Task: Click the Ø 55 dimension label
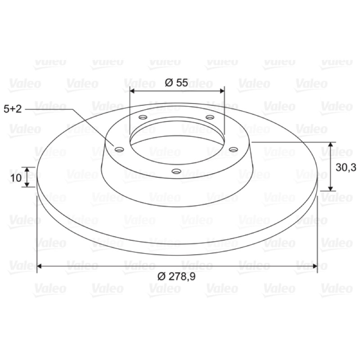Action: (176, 83)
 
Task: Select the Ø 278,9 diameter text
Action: (176, 276)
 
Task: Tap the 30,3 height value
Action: (346, 167)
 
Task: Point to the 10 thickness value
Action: (16, 178)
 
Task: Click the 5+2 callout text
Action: (13, 109)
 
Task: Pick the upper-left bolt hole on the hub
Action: (143, 117)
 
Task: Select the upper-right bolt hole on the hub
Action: (210, 117)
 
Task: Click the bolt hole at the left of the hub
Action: (119, 150)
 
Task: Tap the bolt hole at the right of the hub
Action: (233, 150)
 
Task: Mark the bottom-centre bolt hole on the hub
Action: (176, 171)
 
